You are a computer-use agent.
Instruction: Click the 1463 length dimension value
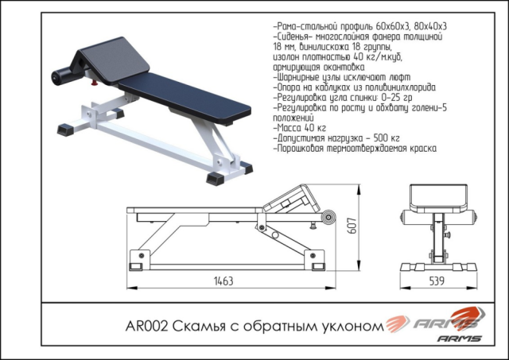(x=223, y=281)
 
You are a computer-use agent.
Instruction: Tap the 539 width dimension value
(x=437, y=281)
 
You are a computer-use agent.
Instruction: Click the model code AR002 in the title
(x=146, y=326)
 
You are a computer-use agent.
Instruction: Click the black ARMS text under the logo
(x=460, y=339)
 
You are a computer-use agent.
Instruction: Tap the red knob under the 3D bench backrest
(x=95, y=83)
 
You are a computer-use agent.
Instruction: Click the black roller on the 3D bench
(x=62, y=76)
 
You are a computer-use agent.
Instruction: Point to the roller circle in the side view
(x=328, y=217)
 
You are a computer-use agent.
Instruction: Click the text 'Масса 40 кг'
(x=300, y=128)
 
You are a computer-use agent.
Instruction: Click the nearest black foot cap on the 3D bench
(x=215, y=179)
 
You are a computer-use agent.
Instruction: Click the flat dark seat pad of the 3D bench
(x=185, y=97)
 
